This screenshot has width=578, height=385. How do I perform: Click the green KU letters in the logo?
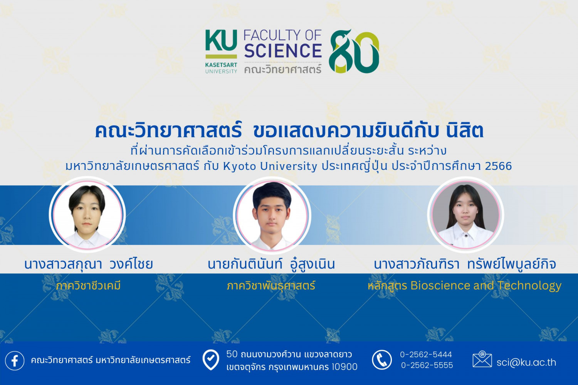221,41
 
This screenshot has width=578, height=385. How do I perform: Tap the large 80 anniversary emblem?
354,52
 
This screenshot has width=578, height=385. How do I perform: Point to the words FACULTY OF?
282,35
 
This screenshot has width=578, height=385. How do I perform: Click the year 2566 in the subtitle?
498,166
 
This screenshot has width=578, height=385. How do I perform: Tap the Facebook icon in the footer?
15,360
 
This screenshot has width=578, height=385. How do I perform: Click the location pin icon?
211,360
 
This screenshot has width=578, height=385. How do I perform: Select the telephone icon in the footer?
381,360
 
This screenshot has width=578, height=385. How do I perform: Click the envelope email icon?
482,360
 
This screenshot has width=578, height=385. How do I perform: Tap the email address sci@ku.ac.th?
526,362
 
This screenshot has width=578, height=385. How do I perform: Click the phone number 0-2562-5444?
426,354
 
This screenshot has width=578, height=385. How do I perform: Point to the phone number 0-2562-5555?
427,365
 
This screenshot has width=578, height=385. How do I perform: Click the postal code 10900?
344,367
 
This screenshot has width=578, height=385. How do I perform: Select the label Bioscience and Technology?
486,285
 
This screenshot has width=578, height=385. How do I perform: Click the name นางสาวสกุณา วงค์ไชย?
89,264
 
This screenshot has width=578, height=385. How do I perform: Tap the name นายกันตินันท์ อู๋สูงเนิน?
271,264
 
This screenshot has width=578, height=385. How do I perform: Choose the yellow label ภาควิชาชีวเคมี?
88,286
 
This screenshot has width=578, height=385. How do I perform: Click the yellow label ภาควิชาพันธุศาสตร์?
271,286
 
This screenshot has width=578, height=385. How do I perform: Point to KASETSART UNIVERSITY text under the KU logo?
221,68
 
